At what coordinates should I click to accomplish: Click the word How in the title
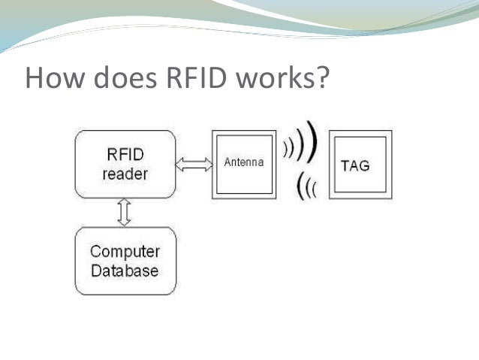(x=54, y=77)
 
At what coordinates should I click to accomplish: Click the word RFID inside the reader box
(x=125, y=154)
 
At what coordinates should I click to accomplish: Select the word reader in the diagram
(x=125, y=174)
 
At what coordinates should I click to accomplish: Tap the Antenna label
(x=244, y=162)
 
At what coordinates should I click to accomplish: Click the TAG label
(x=355, y=166)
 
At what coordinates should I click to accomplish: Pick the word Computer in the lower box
(x=125, y=252)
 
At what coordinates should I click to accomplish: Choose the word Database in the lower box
(x=125, y=271)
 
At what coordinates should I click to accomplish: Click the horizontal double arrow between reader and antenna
(x=194, y=165)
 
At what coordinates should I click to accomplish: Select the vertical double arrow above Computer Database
(x=125, y=212)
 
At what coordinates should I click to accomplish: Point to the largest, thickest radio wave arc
(x=313, y=141)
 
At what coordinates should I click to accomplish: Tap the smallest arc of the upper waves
(x=285, y=150)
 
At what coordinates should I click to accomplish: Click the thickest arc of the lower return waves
(x=300, y=186)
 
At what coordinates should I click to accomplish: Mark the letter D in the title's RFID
(x=215, y=77)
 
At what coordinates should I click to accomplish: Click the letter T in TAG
(x=345, y=166)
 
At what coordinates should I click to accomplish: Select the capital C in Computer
(x=96, y=252)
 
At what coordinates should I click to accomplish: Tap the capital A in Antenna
(x=227, y=162)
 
